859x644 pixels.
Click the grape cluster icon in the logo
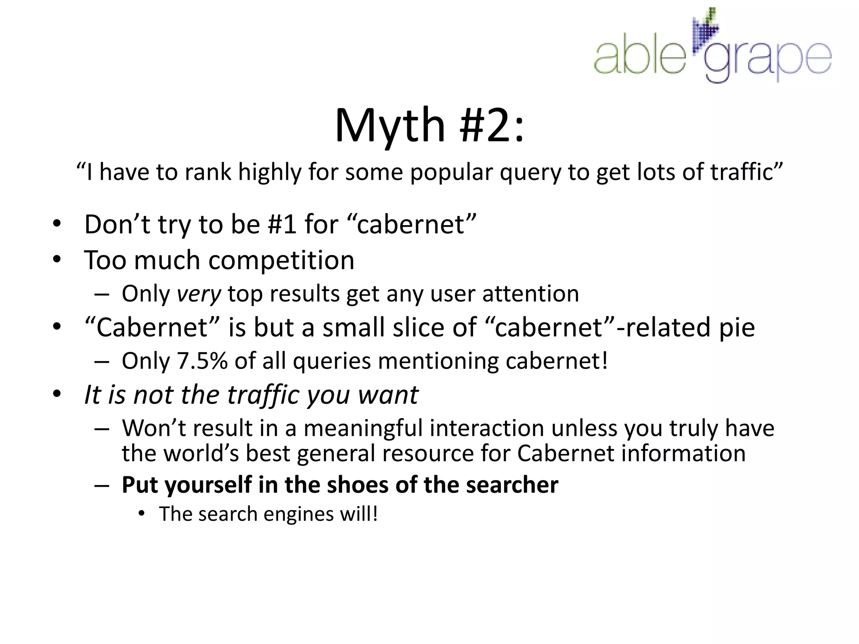706,31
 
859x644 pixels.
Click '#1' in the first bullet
282,224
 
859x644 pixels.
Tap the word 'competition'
281,261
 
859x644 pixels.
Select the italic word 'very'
198,294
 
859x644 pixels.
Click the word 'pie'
737,328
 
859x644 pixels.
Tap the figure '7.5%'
202,361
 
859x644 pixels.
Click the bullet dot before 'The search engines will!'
142,514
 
